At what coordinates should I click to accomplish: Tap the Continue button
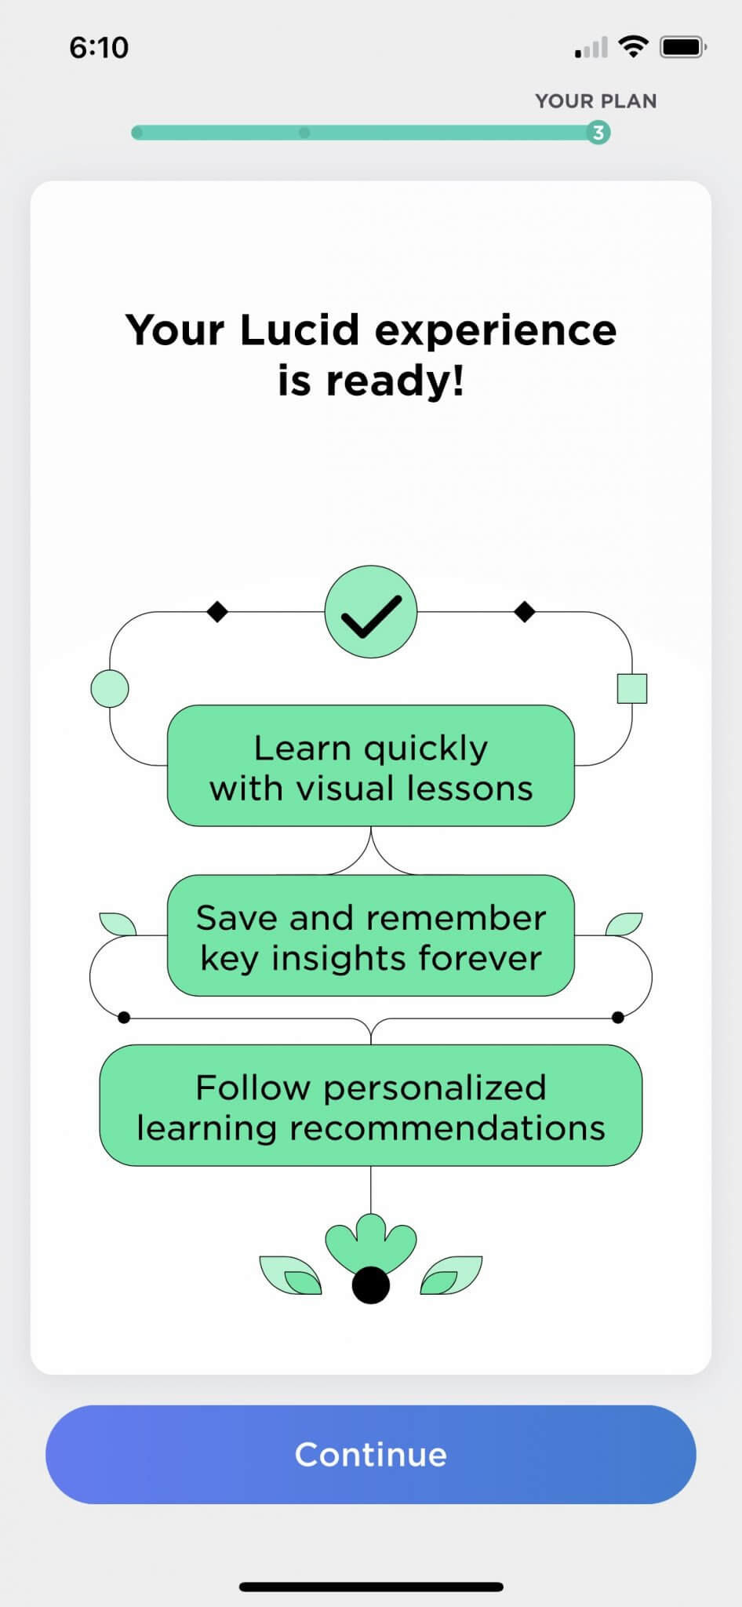[x=370, y=1454]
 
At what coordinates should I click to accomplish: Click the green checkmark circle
[x=371, y=611]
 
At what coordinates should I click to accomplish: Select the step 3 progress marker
[x=598, y=133]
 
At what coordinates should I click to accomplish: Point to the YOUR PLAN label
[x=596, y=101]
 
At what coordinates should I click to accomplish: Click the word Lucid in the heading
[x=300, y=330]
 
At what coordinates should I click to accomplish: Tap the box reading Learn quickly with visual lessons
[x=371, y=767]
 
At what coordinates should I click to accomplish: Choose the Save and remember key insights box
[x=371, y=936]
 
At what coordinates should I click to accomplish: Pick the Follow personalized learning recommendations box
[x=371, y=1106]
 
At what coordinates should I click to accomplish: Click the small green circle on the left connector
[x=110, y=689]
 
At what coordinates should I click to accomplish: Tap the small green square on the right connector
[x=632, y=689]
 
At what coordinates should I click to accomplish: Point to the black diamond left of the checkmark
[x=217, y=611]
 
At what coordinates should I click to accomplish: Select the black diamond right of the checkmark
[x=525, y=611]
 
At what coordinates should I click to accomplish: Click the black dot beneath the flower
[x=371, y=1285]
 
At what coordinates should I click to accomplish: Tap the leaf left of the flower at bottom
[x=291, y=1275]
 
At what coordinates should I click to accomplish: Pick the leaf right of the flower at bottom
[x=451, y=1275]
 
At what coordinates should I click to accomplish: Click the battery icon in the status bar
[x=682, y=48]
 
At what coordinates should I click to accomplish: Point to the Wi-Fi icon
[x=633, y=47]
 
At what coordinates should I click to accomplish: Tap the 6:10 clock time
[x=99, y=48]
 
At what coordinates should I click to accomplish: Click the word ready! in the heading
[x=395, y=381]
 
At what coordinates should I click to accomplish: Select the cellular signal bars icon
[x=591, y=49]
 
